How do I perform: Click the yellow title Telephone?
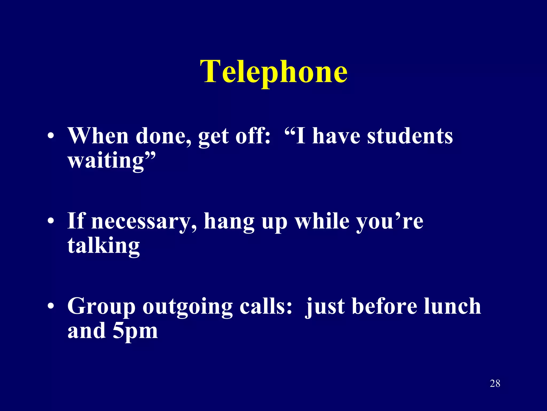click(274, 72)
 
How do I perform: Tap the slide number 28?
click(495, 383)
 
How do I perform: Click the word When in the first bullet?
click(98, 136)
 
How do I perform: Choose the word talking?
click(104, 246)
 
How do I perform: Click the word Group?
click(101, 307)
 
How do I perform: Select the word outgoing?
click(187, 307)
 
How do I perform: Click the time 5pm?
click(135, 331)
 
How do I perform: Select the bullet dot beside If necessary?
click(51, 222)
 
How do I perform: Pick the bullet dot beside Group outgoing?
click(51, 306)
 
